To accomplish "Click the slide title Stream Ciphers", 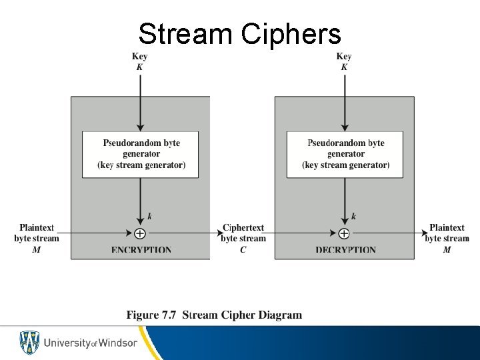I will (239, 33).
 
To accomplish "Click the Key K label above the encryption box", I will (140, 61).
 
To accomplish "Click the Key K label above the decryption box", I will (344, 61).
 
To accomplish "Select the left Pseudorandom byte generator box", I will (141, 154).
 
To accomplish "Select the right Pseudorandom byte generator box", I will (345, 154).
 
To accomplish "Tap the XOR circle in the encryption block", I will (140, 233).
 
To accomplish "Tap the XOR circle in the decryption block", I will (344, 233).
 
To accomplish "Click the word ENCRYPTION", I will (141, 251).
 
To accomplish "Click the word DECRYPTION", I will (345, 251).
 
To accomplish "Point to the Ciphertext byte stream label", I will (243, 233).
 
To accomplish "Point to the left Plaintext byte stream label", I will (37, 233).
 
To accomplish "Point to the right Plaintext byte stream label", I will (447, 233).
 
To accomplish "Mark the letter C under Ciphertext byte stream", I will (243, 249).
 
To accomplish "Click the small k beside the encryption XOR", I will (149, 216).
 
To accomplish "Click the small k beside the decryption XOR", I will (353, 216).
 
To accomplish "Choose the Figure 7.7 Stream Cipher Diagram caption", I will (214, 315).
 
